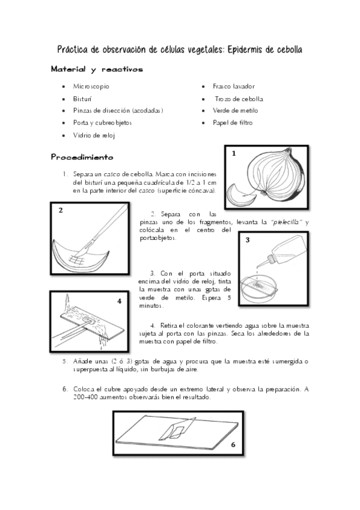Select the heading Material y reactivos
[x=97, y=69]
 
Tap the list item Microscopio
[x=91, y=86]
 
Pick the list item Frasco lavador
[x=234, y=86]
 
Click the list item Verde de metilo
[x=235, y=111]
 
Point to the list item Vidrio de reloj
[x=94, y=135]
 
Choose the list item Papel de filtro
[x=233, y=123]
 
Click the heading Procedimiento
[x=82, y=158]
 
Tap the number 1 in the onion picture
[x=234, y=153]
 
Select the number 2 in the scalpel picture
[x=61, y=210]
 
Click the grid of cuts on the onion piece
[x=77, y=259]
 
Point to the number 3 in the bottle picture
[x=248, y=240]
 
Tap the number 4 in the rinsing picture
[x=119, y=301]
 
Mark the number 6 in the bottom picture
[x=233, y=444]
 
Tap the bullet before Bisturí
[x=63, y=99]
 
